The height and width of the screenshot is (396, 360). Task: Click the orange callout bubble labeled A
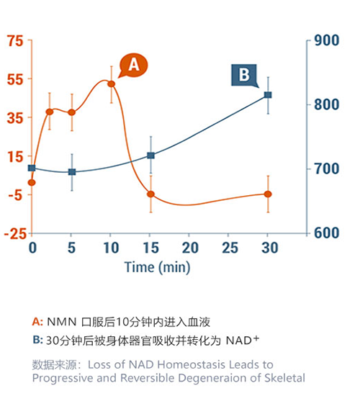(x=133, y=65)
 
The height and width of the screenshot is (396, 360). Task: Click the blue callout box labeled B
(x=243, y=74)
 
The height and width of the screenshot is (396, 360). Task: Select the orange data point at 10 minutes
(x=111, y=84)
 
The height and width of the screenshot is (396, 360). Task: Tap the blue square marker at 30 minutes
(x=269, y=95)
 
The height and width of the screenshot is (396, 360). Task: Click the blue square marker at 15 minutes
(x=150, y=155)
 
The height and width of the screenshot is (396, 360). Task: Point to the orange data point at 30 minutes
(x=269, y=194)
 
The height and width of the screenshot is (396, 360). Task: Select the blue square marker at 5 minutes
(x=71, y=172)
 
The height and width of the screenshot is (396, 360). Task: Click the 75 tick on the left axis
(x=15, y=41)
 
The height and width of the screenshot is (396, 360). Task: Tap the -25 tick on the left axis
(x=14, y=233)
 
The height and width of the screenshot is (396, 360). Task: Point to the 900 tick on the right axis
(x=327, y=41)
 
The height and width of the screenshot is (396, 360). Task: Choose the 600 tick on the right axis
(x=327, y=233)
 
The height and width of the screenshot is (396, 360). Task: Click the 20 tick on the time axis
(x=189, y=248)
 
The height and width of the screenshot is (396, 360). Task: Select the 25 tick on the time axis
(x=229, y=248)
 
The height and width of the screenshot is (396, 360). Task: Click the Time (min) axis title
(x=156, y=266)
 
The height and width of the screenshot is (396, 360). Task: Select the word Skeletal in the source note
(x=283, y=378)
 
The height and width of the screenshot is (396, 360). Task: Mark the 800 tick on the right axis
(x=327, y=105)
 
